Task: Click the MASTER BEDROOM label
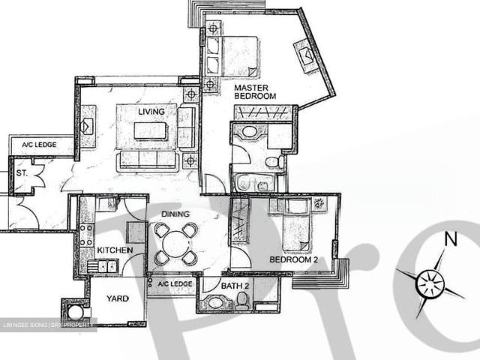pyautogui.click(x=255, y=91)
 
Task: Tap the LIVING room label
pyautogui.click(x=151, y=112)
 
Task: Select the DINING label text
pyautogui.click(x=174, y=214)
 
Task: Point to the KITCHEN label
pyautogui.click(x=115, y=250)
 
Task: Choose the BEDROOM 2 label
pyautogui.click(x=295, y=260)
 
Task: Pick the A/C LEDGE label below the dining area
pyautogui.click(x=173, y=284)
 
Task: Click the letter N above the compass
pyautogui.click(x=451, y=239)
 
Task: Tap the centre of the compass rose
pyautogui.click(x=430, y=283)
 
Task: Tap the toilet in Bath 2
pyautogui.click(x=241, y=301)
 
